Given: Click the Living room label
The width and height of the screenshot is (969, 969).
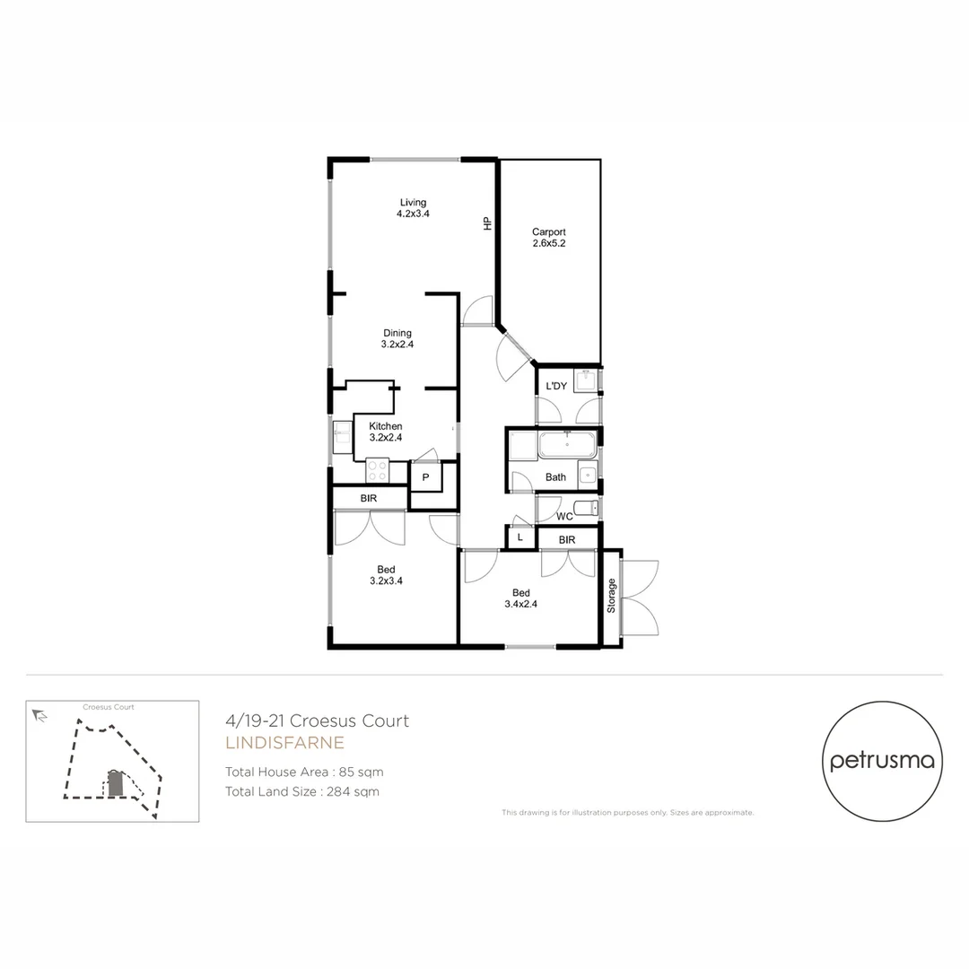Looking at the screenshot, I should tap(413, 208).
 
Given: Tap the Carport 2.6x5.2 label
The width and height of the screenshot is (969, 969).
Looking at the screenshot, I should tap(548, 237).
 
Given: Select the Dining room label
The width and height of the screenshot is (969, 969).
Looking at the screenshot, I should tap(397, 338).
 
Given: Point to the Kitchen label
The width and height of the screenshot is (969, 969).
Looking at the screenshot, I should tap(386, 432).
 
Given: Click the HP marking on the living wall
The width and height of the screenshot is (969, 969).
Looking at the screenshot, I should tap(488, 224).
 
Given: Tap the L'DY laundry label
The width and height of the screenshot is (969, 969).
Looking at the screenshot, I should tap(556, 387).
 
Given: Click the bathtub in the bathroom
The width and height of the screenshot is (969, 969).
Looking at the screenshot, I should tap(566, 444).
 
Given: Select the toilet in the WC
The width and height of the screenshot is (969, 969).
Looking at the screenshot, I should tap(584, 509).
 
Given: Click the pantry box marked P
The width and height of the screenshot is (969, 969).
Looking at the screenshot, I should tap(426, 477).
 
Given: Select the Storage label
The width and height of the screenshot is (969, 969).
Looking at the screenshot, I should tap(612, 596).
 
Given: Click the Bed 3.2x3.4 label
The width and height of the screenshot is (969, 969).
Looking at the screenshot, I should tap(386, 575).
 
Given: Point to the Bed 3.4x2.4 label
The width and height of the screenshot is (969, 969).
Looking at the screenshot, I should tap(521, 598).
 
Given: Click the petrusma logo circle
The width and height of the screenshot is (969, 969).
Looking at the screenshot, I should tap(883, 761).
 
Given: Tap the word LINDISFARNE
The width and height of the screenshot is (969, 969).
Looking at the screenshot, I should tap(284, 743).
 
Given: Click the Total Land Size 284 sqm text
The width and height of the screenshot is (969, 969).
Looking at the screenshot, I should tap(302, 791).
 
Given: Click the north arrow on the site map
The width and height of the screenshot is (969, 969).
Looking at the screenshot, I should tap(39, 715).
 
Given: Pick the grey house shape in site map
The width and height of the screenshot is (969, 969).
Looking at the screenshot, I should tap(115, 783).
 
